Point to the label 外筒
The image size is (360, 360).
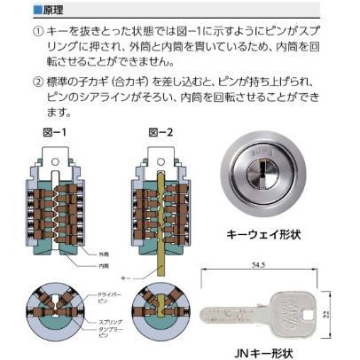point(107,254)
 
